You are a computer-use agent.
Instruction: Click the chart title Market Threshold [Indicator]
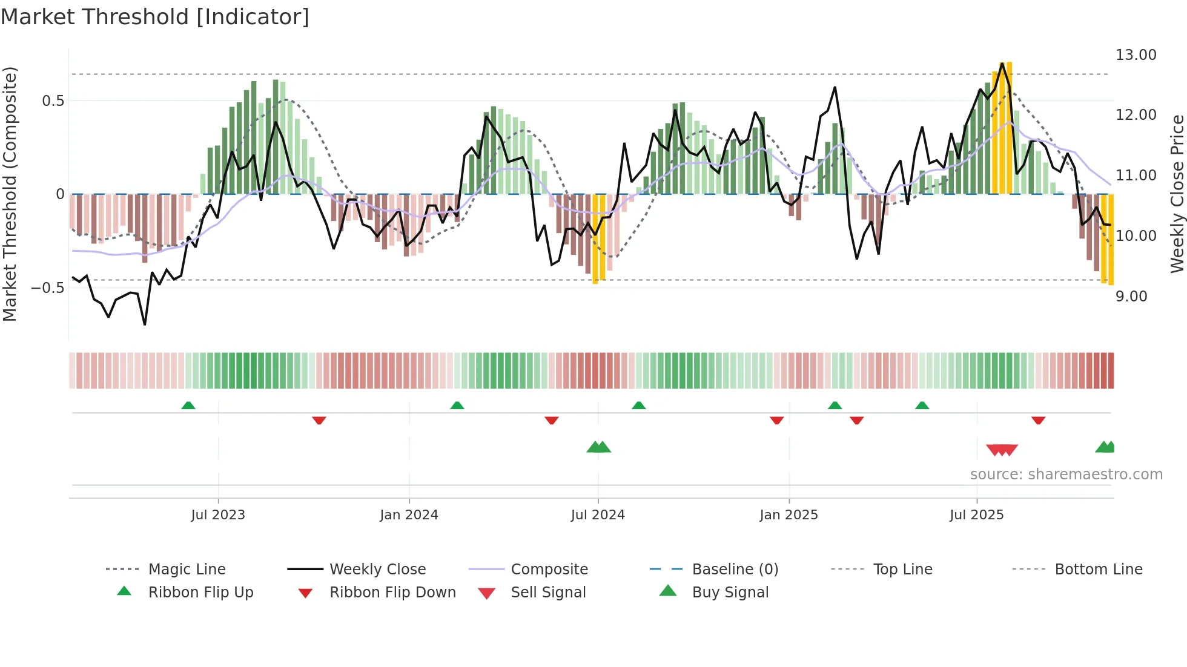tap(155, 17)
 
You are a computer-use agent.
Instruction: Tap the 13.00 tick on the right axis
tap(1136, 55)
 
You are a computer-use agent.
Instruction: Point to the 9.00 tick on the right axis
tap(1131, 297)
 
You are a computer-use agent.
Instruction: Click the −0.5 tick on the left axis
tap(47, 288)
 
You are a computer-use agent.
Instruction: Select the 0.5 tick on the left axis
tap(53, 101)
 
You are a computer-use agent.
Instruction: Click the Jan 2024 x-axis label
tap(409, 515)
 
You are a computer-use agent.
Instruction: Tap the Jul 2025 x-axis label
tap(976, 515)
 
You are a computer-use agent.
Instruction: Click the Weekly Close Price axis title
tap(1177, 194)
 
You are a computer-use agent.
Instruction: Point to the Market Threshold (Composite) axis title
tap(10, 194)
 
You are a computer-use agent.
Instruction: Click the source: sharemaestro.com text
tap(1066, 475)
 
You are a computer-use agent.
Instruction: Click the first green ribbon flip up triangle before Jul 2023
tap(188, 406)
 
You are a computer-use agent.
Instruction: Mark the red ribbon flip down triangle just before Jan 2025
tap(776, 420)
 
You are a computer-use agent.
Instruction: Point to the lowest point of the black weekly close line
tap(145, 324)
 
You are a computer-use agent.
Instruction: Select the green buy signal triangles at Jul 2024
tap(599, 447)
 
